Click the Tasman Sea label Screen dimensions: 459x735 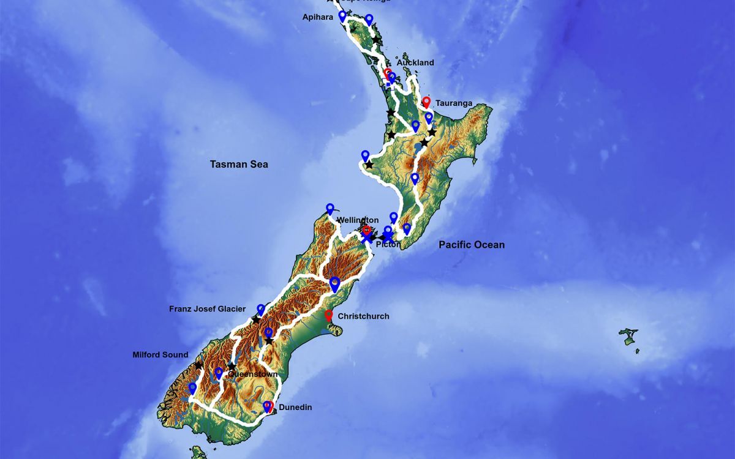click(239, 164)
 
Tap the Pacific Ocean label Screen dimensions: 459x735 click(472, 245)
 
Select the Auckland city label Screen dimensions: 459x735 click(415, 62)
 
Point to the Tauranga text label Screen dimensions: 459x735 click(454, 103)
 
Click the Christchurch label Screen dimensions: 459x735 click(363, 316)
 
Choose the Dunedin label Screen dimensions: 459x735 click(296, 406)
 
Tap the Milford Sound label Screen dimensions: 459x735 click(160, 355)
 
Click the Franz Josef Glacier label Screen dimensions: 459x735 click(208, 309)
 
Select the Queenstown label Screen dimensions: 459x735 click(251, 374)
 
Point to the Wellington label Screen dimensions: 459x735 click(358, 220)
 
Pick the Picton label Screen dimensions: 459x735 click(388, 244)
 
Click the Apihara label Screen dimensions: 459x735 click(317, 17)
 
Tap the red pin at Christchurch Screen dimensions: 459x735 click(329, 316)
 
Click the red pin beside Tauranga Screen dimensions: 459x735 click(426, 102)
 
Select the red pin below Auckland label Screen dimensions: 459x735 click(388, 74)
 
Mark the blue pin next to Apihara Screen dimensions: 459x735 click(342, 16)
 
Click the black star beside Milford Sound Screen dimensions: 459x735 click(198, 365)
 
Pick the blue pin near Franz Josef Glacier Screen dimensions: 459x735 click(261, 310)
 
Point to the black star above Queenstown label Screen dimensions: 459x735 click(232, 366)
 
